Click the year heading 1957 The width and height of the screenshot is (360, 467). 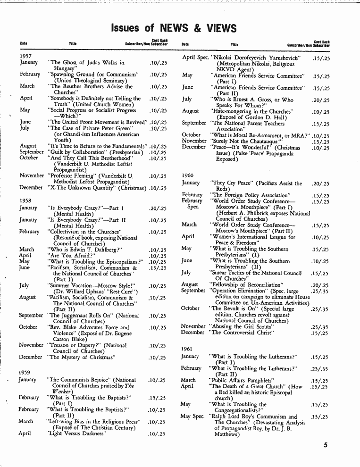pos(25,56)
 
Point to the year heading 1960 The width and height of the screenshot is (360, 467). pos(188,175)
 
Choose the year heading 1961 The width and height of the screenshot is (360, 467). pos(188,349)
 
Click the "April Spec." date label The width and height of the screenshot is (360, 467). pos(195,57)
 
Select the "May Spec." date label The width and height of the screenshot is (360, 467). pos(193,416)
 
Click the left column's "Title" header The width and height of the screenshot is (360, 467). pos(73,44)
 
